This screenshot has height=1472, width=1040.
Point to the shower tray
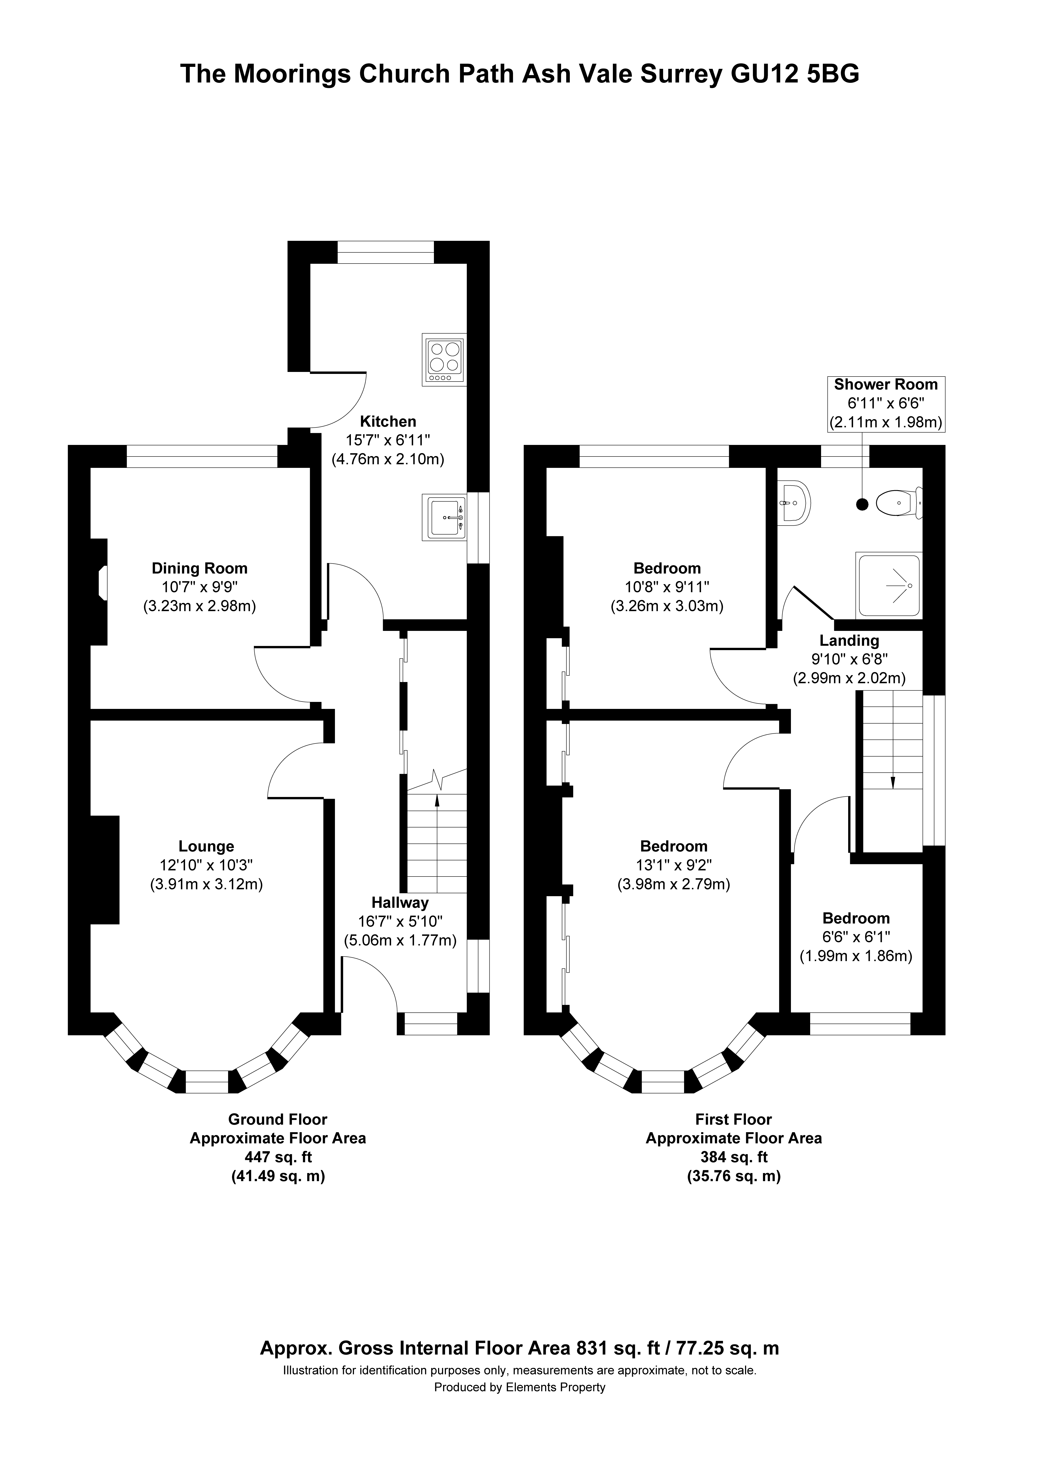click(x=889, y=585)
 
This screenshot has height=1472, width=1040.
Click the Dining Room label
click(x=199, y=568)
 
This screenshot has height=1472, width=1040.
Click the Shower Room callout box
click(x=886, y=403)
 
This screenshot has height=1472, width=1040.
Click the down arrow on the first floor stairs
click(x=892, y=781)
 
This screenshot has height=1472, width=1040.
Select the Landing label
click(x=849, y=640)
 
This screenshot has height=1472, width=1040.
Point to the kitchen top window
click(x=386, y=252)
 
